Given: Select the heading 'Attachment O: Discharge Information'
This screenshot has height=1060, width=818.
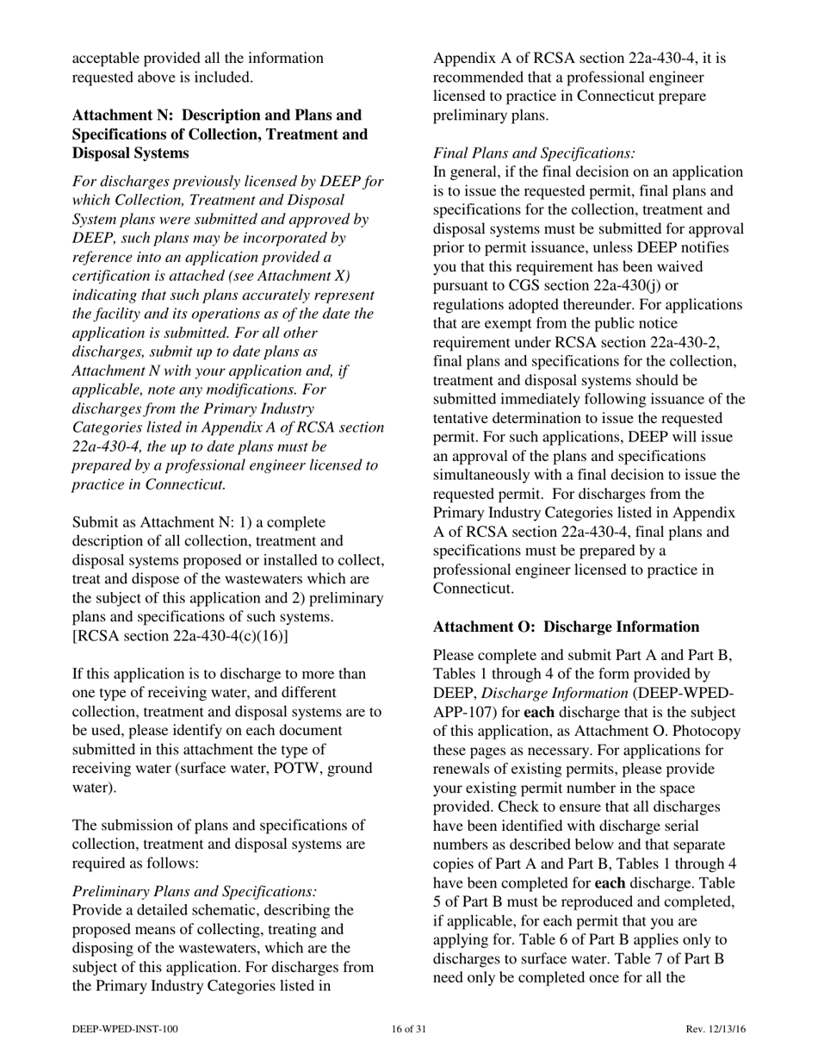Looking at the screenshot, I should (x=566, y=627).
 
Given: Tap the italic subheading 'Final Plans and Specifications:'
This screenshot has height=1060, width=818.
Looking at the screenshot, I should (x=534, y=153).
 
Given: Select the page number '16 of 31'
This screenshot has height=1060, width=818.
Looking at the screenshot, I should (x=408, y=1029).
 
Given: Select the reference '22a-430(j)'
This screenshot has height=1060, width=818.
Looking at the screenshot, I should (x=605, y=285).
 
